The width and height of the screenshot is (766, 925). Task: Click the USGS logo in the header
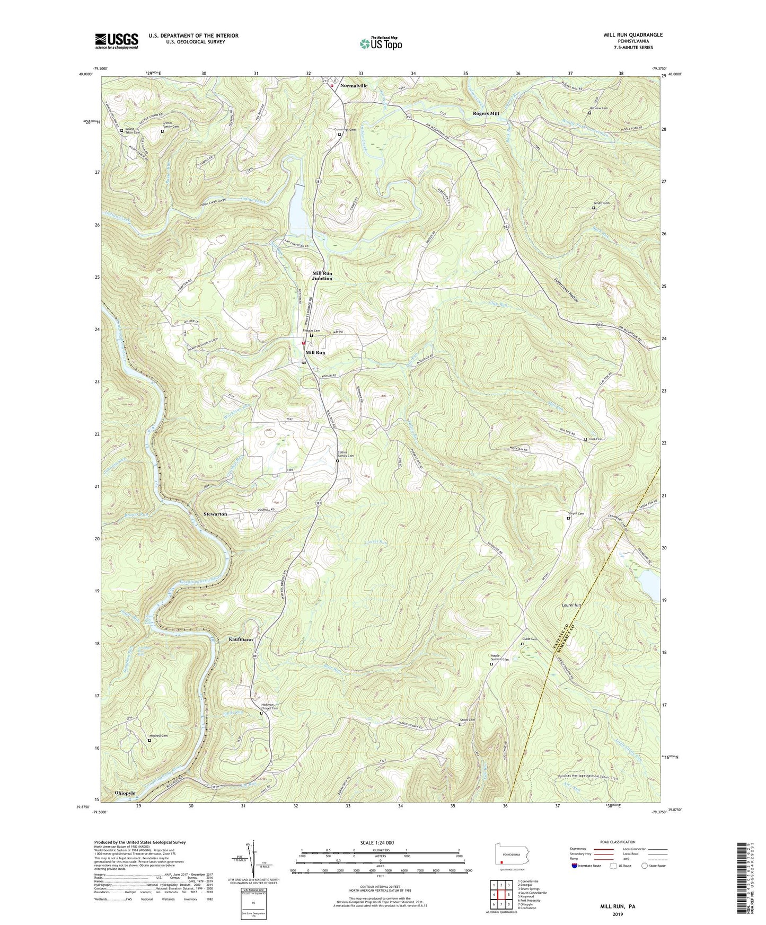[x=117, y=40]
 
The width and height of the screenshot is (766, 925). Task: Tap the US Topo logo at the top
[x=381, y=43]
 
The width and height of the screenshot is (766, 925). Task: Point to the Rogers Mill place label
[x=486, y=113]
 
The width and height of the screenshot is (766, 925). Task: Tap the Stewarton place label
[x=215, y=514]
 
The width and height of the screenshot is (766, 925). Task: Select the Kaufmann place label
[x=241, y=639]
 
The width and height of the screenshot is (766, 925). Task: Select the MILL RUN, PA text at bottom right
[x=617, y=906]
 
